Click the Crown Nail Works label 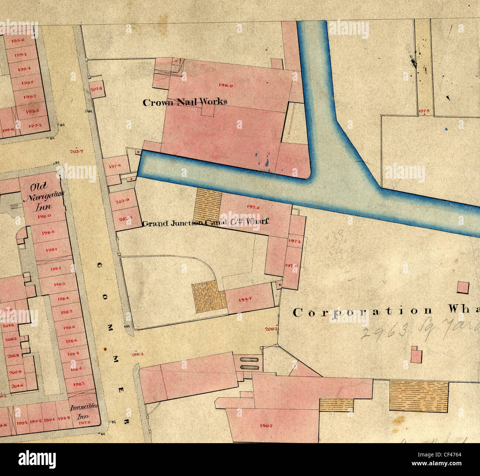185,102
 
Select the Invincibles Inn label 84,411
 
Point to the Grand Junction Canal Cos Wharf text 205,223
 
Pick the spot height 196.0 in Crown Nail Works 226,85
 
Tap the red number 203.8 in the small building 96,89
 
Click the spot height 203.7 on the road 77,151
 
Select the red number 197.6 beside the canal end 115,167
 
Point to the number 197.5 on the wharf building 253,207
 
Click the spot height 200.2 271,329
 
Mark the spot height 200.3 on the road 137,355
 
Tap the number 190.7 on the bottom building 266,426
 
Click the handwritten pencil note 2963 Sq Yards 417,329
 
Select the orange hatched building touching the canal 208,205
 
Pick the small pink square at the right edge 463,287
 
